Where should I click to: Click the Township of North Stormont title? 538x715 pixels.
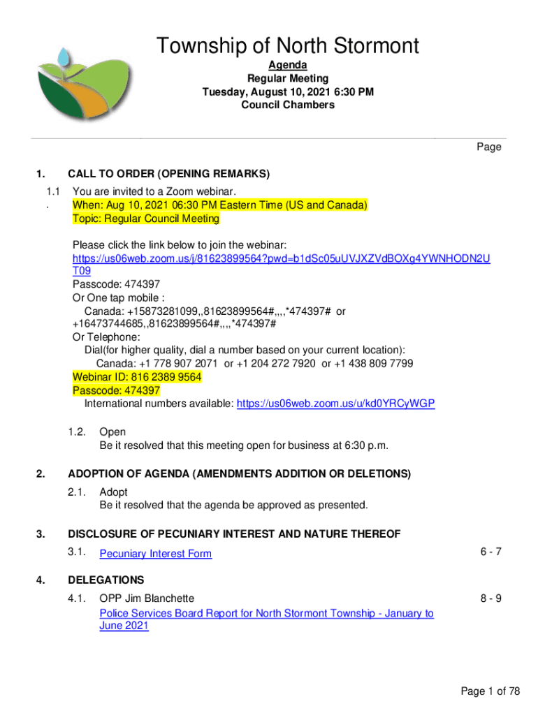(x=287, y=47)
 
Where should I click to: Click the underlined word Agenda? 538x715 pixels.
(x=287, y=66)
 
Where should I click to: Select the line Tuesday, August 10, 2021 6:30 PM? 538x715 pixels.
(x=287, y=92)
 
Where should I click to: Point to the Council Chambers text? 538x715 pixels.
(x=287, y=105)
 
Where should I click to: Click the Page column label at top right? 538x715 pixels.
(x=488, y=147)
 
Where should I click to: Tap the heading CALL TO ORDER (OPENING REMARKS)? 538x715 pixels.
(x=168, y=174)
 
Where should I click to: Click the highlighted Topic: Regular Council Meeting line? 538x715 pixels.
(x=145, y=219)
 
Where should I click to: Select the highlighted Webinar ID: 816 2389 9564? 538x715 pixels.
(x=137, y=377)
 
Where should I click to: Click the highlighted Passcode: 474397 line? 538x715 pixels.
(x=116, y=391)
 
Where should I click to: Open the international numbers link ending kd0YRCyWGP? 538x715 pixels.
(x=335, y=404)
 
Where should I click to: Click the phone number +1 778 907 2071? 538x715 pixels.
(x=180, y=364)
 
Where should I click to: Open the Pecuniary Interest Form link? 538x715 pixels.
(x=155, y=554)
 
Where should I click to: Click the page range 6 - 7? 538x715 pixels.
(x=490, y=552)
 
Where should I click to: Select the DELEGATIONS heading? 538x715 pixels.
(x=106, y=580)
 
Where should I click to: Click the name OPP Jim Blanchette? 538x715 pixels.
(x=147, y=598)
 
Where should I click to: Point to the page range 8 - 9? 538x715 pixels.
(x=490, y=598)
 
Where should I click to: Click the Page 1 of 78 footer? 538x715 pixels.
(x=490, y=691)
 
